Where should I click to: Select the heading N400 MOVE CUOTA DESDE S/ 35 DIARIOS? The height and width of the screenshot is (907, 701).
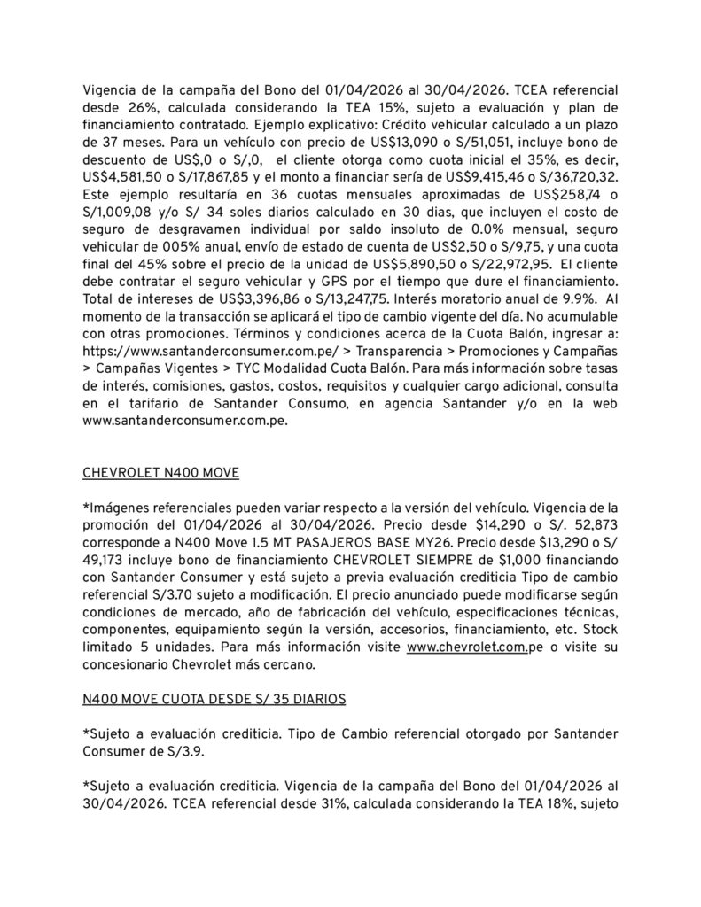coord(214,699)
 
